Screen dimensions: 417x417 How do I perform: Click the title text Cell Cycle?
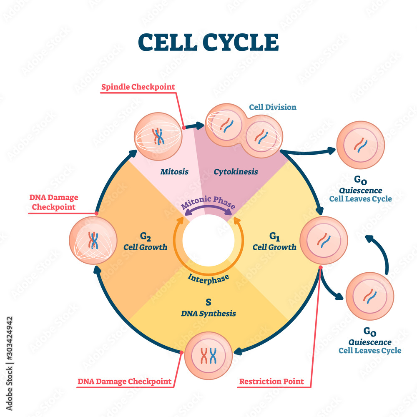[208, 42]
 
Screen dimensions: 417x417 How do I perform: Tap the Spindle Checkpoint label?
[138, 87]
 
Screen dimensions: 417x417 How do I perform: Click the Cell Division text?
[273, 107]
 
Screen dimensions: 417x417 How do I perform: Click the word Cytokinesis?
[236, 171]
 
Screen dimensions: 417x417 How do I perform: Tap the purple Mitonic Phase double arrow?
[207, 208]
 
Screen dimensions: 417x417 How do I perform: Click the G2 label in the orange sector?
[145, 237]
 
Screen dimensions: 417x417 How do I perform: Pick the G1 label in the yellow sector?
[274, 237]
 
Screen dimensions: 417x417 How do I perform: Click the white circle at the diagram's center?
[208, 244]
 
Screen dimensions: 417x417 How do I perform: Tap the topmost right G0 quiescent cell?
[360, 145]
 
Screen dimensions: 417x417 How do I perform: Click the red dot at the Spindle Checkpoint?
[183, 127]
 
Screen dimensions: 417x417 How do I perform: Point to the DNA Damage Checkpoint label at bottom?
[125, 381]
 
